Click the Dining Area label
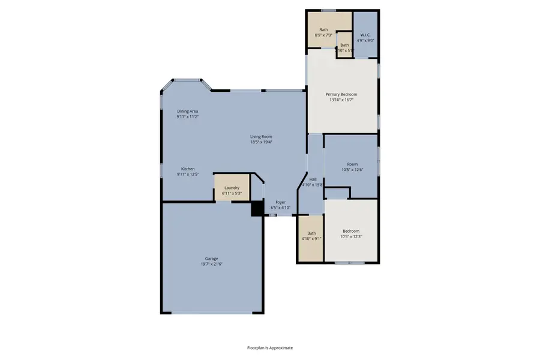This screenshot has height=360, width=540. click(x=187, y=112)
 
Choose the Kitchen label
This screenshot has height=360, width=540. click(x=188, y=169)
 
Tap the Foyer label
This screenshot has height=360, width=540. click(x=280, y=202)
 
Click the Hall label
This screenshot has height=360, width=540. click(x=313, y=179)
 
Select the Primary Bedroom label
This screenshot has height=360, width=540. click(x=341, y=94)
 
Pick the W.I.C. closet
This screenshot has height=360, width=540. click(x=365, y=37)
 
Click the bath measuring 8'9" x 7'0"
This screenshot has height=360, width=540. click(x=323, y=32)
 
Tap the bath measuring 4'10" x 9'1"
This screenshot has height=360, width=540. click(x=311, y=236)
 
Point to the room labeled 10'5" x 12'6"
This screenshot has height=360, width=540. click(x=352, y=167)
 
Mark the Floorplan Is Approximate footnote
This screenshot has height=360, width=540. click(x=270, y=347)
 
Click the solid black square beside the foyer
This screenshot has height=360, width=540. click(x=257, y=208)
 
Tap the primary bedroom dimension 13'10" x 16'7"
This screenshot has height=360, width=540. click(x=341, y=100)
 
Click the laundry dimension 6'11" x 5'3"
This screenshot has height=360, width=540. click(x=232, y=194)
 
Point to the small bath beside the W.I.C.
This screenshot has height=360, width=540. click(x=344, y=47)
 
